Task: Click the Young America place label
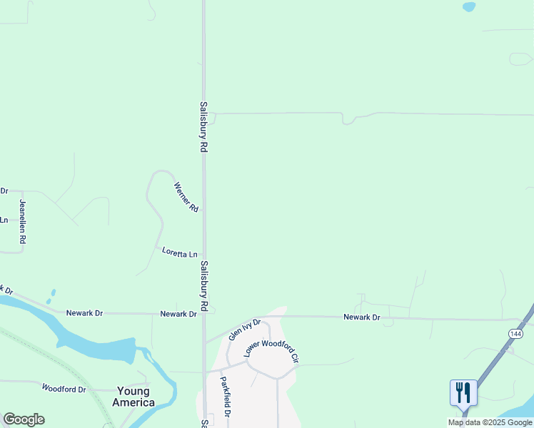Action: [133, 397]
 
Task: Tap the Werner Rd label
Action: [186, 198]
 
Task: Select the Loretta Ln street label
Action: [179, 253]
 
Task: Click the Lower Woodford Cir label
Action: [271, 349]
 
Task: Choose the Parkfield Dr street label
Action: [225, 397]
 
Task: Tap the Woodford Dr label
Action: [64, 389]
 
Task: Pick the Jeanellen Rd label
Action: [23, 222]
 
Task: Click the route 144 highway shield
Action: [515, 334]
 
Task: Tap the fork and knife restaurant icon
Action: [463, 392]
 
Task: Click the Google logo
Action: [24, 419]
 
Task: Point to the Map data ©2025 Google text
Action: [490, 422]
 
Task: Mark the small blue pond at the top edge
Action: [468, 7]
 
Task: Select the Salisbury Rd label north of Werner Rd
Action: [203, 126]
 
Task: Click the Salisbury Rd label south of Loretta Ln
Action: [203, 286]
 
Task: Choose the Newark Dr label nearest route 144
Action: [361, 317]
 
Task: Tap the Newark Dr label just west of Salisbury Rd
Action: [178, 314]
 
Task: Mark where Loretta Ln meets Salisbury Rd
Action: [204, 253]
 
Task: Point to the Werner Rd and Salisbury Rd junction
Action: [204, 210]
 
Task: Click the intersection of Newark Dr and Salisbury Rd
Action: [204, 314]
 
